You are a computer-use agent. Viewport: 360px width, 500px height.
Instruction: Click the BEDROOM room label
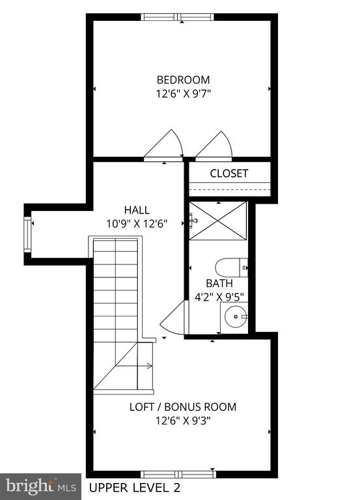[183, 79]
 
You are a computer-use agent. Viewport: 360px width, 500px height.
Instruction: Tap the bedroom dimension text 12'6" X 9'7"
[183, 94]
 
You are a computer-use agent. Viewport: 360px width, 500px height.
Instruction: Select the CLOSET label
[229, 173]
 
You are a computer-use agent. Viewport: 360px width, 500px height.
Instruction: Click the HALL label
[137, 210]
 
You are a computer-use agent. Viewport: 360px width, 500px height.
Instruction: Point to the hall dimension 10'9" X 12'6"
[137, 224]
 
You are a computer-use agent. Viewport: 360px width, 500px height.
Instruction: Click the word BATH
[219, 283]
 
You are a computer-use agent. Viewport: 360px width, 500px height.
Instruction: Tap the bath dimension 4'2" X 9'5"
[219, 297]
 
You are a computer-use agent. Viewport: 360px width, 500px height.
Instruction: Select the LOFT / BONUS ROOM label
[183, 407]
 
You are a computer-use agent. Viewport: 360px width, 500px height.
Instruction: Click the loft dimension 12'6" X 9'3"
[183, 421]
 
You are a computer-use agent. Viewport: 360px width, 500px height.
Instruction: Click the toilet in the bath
[232, 268]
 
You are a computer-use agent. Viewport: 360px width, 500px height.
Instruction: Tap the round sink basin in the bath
[236, 316]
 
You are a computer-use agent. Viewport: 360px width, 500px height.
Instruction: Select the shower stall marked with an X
[218, 221]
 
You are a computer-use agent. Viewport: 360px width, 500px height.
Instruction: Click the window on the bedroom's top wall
[177, 17]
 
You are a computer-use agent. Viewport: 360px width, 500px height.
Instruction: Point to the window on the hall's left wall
[28, 234]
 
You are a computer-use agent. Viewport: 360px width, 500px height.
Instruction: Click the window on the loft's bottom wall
[178, 475]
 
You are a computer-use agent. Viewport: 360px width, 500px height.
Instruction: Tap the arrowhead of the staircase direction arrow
[150, 366]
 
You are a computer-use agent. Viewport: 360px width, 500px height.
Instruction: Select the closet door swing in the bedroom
[214, 145]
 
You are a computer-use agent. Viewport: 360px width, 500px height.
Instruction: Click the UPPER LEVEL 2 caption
[135, 488]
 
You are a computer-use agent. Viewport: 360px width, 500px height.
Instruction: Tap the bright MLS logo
[40, 486]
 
